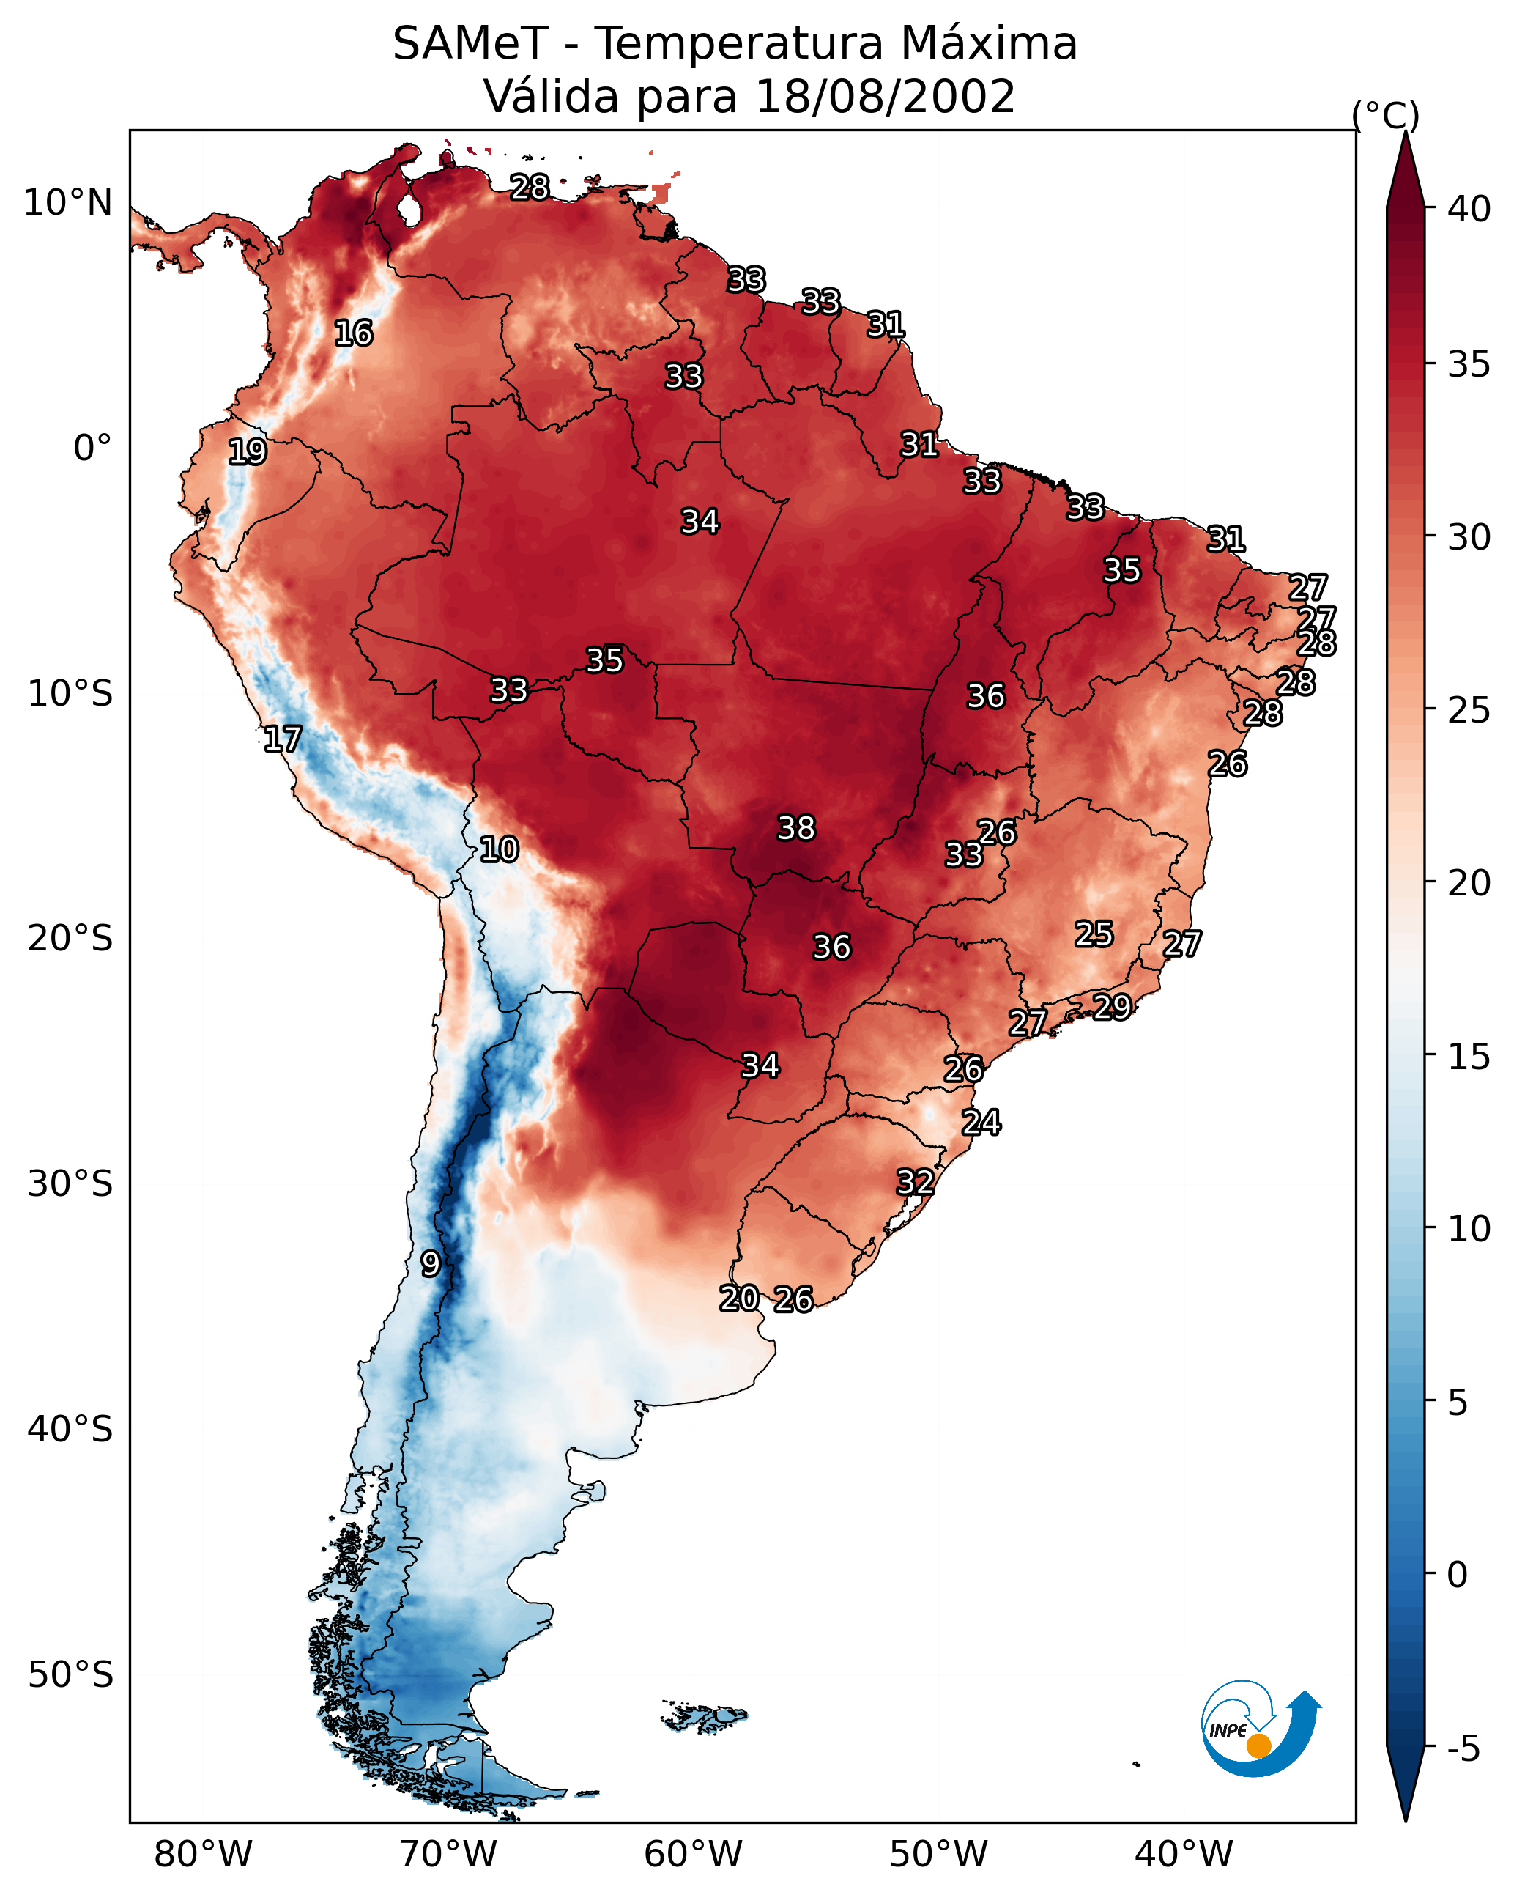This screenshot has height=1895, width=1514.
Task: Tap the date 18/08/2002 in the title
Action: click(885, 97)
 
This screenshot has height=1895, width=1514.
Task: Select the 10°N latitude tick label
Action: click(67, 203)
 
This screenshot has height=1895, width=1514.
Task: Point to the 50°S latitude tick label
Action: click(70, 1675)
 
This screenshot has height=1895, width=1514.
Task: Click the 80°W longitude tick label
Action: click(203, 1855)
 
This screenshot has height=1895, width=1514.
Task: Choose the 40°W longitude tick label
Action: click(1184, 1855)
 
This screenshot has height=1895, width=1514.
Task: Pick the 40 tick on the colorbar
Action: click(1469, 209)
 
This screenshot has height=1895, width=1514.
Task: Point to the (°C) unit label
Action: click(1386, 115)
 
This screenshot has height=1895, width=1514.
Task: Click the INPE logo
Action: click(1261, 1729)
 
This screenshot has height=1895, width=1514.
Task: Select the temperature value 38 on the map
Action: click(796, 828)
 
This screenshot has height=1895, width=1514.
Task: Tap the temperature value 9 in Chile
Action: click(431, 1264)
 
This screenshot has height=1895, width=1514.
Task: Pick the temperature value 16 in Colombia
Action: click(353, 333)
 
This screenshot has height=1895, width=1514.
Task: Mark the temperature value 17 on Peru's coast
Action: click(282, 739)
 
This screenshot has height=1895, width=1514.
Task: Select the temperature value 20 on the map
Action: click(739, 1299)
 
